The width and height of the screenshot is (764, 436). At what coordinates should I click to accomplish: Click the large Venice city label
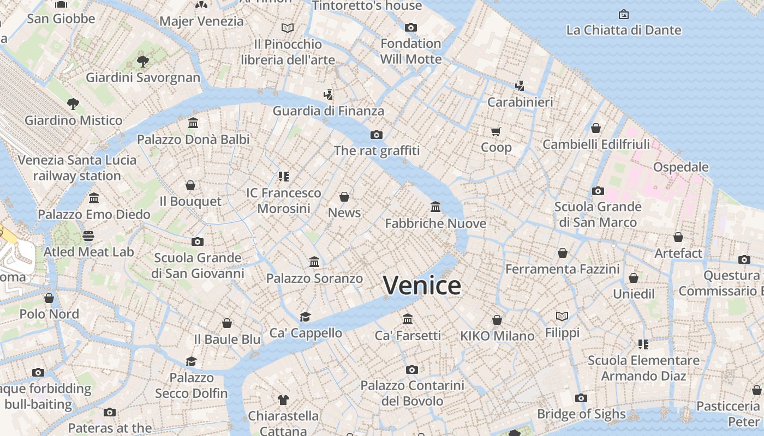pos(422,286)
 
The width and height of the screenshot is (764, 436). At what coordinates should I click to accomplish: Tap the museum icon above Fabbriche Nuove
pos(435,207)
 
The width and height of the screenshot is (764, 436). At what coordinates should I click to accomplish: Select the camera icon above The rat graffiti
pos(377,135)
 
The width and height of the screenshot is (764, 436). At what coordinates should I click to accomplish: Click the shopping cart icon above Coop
pos(496,131)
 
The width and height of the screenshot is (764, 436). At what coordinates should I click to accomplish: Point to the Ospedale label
pos(681,167)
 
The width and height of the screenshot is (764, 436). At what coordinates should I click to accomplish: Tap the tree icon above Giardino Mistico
pos(73,104)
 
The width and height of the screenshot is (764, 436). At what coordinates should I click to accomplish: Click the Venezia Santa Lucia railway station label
pos(77,168)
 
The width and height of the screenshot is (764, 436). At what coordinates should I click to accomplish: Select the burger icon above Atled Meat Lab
pos(88,236)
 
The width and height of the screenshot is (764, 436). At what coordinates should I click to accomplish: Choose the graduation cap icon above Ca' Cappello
pos(305,317)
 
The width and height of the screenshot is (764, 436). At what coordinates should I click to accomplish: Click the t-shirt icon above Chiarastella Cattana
pos(283,400)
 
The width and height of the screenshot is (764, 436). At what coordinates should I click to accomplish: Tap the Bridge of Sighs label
pos(581,414)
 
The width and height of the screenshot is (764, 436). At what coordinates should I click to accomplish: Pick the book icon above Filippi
pos(562,316)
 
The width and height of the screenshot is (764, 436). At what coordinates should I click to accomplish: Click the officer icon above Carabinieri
pos(520,86)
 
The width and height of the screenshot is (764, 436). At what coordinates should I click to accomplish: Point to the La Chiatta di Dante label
pos(624,30)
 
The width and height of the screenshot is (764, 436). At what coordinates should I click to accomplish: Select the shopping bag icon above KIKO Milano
pos(497,320)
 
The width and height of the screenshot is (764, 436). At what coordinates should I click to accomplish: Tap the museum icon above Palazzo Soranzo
pos(314,262)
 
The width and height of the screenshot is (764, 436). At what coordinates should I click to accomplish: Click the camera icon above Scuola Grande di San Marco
pos(598,191)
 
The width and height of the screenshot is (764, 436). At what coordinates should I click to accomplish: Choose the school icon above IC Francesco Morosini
pos(283,176)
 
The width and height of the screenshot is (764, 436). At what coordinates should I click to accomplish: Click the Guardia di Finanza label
pos(329,111)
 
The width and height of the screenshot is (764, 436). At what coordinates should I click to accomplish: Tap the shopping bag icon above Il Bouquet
pos(190,185)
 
